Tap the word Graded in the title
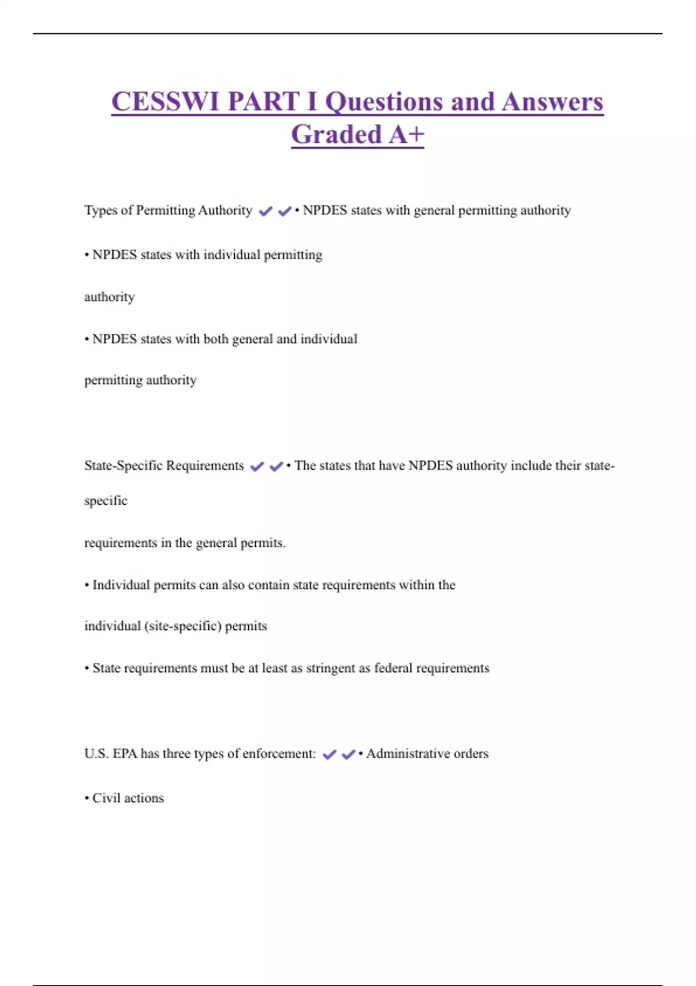pos(336,135)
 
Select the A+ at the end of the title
pos(407,135)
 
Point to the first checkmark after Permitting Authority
pos(266,211)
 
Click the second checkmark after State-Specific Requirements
pos(276,466)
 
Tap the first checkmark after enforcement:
pos(329,755)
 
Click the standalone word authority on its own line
pos(109,297)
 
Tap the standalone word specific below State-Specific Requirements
pos(106,501)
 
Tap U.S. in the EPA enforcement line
pos(96,753)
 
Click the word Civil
pos(106,798)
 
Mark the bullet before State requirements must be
pos(87,668)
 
